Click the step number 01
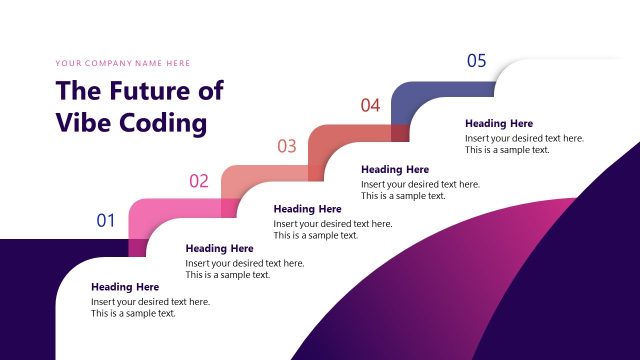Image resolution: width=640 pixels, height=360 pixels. (106, 220)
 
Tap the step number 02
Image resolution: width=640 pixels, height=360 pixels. (199, 181)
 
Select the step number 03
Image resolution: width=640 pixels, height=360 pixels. (287, 146)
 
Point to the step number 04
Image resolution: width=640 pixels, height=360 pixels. (370, 104)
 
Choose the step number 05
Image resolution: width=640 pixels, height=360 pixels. (476, 61)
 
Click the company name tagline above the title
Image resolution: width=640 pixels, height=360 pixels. (121, 63)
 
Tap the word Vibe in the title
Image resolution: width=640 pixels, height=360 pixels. (83, 122)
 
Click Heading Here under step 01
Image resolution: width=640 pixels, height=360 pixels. (125, 287)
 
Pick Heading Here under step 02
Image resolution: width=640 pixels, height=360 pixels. (219, 248)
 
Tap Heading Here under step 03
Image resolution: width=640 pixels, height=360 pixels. (307, 209)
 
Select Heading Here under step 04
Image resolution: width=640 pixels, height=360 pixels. (395, 170)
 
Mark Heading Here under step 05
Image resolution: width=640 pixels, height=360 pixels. (499, 124)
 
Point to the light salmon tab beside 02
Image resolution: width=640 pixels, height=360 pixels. (245, 175)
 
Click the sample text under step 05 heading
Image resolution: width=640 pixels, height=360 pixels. (524, 144)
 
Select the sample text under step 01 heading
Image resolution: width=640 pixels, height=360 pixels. (150, 307)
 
